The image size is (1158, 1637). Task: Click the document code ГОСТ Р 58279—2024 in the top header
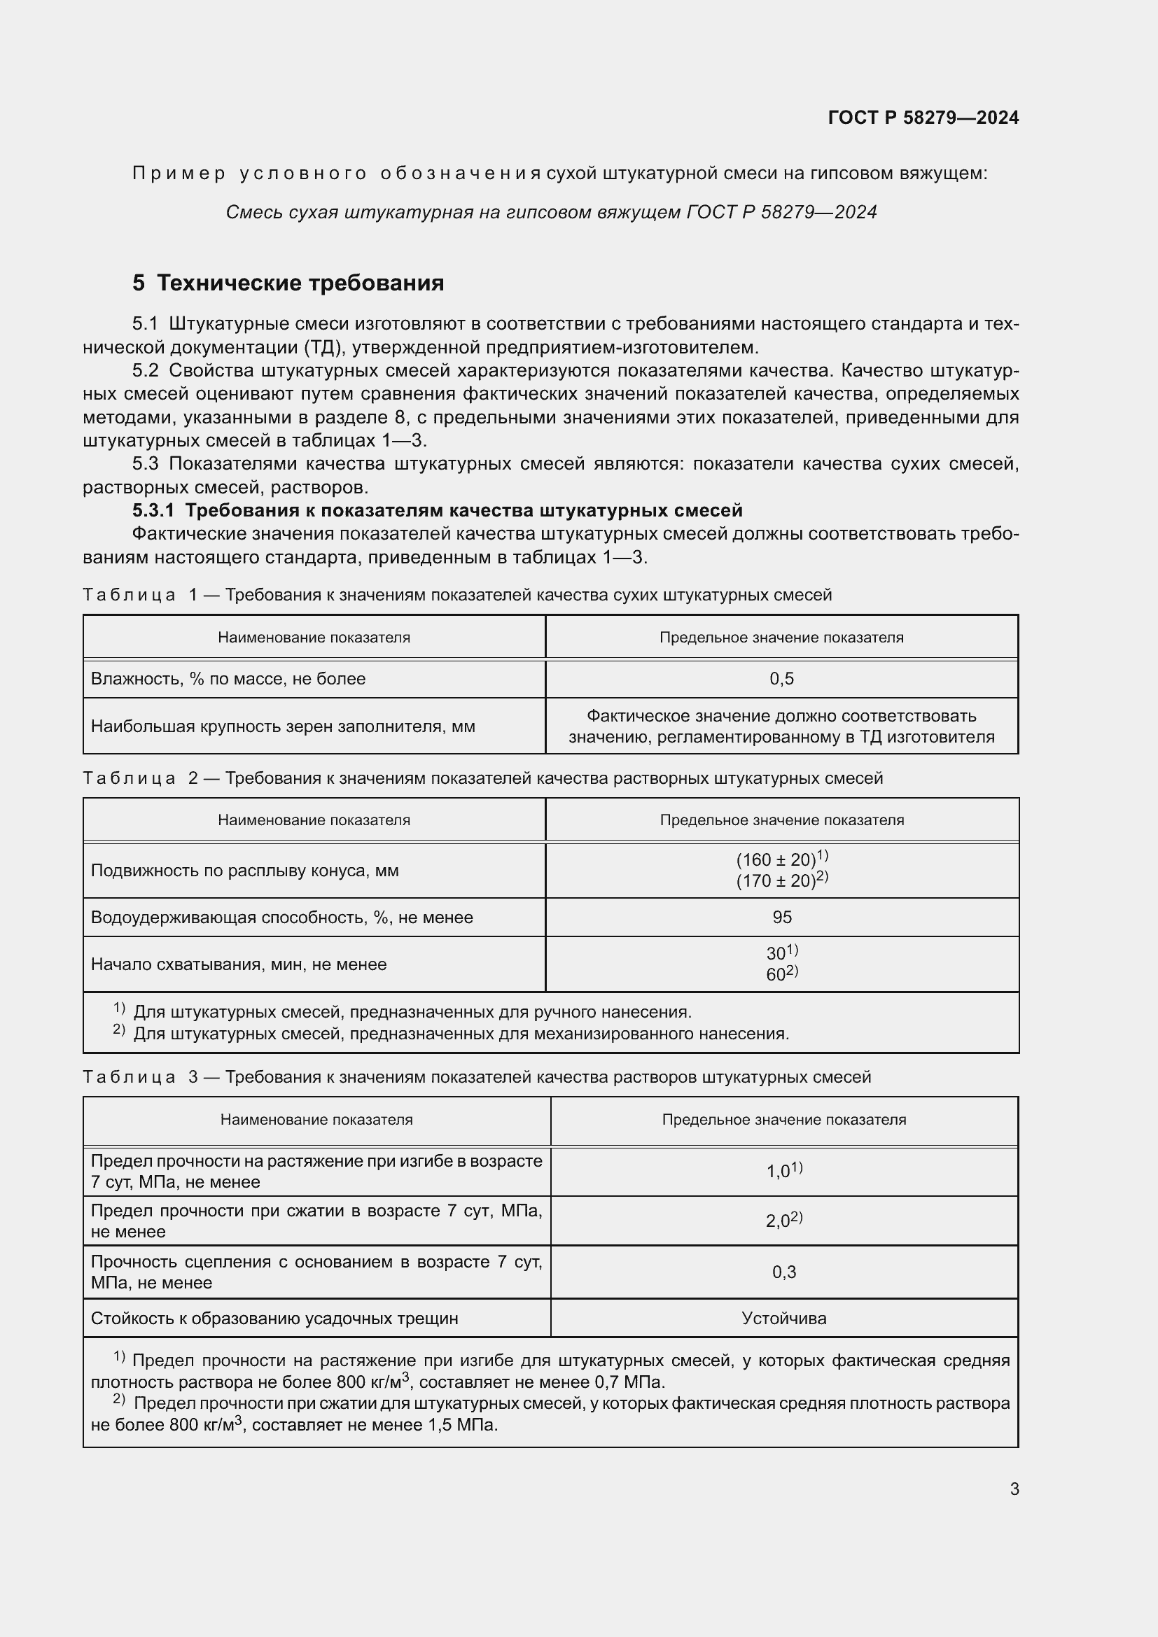point(923,118)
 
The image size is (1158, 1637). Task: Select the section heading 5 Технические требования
point(288,283)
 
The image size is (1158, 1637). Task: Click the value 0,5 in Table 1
point(781,679)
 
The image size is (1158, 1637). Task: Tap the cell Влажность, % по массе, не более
point(228,679)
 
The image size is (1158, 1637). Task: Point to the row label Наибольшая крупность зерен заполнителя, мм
point(283,726)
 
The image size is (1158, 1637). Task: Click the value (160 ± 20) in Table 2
point(776,860)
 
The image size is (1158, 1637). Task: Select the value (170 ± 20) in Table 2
point(776,881)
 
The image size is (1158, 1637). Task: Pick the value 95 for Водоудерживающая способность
point(781,918)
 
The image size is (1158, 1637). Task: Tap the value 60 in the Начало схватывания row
point(776,975)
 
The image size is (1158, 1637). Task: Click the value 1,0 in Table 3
point(778,1172)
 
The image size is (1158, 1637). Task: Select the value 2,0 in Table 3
point(778,1221)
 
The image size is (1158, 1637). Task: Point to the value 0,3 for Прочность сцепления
point(783,1272)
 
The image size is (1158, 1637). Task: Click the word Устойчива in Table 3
point(783,1319)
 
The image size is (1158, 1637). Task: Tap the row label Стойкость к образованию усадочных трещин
point(274,1319)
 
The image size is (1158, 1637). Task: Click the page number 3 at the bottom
point(1014,1489)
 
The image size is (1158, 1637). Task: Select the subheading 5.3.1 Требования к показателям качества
point(437,510)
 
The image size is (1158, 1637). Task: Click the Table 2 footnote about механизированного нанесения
point(461,1033)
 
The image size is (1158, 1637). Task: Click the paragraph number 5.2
point(145,371)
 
